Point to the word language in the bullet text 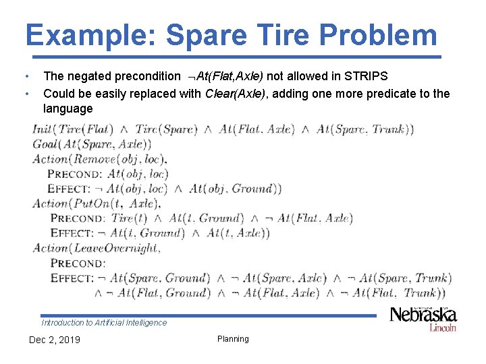(67, 109)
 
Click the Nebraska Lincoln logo (423, 318)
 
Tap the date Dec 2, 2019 (54, 340)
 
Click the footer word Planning (233, 339)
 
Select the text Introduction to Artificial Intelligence (104, 323)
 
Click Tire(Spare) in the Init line (166, 129)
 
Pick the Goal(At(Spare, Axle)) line (92, 144)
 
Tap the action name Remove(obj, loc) (119, 159)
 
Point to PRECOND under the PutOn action (78, 218)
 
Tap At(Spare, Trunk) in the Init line (364, 129)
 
